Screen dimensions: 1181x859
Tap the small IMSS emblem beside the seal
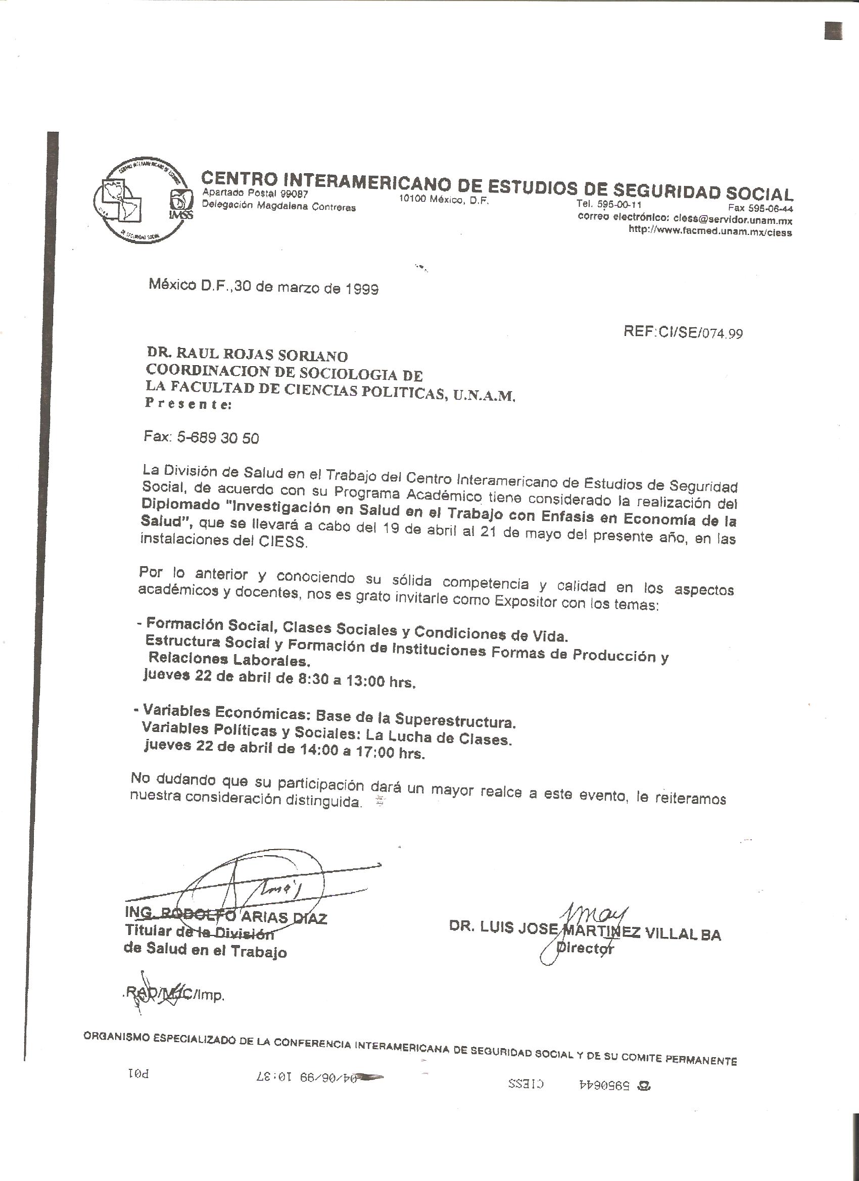coord(181,204)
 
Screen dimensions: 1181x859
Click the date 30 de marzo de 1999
coord(307,287)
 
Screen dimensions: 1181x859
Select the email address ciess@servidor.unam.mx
coord(732,220)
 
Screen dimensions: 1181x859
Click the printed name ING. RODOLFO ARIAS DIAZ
coord(225,915)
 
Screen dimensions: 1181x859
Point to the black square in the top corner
coord(833,31)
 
